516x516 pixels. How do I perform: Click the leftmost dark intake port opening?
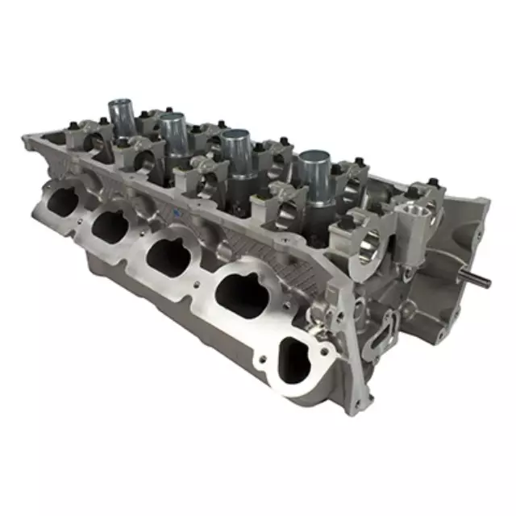pyautogui.click(x=60, y=198)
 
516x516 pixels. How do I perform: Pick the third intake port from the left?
pyautogui.click(x=172, y=253)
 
